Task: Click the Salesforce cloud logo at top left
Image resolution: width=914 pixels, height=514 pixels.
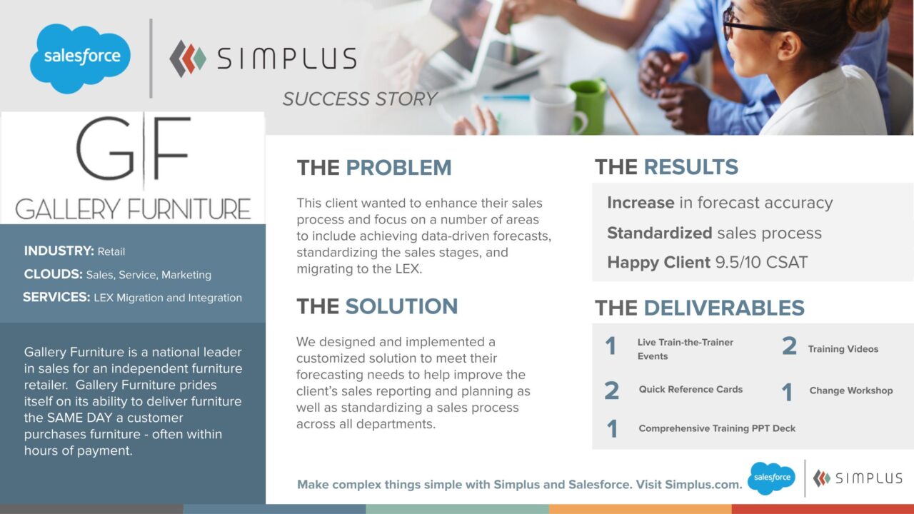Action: point(80,58)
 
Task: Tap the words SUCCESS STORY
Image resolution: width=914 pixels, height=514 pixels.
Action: point(359,99)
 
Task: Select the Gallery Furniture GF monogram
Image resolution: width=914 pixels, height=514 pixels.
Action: point(133,149)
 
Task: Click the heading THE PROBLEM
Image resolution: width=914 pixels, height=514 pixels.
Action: point(374,168)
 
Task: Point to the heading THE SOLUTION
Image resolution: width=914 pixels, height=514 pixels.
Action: point(377,306)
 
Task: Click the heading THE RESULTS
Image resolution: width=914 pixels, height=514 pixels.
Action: point(666,167)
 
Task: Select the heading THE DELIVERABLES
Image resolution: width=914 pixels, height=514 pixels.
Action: point(699,308)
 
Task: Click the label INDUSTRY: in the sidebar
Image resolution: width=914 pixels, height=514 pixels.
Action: point(59,251)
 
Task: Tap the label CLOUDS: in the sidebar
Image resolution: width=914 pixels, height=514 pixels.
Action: point(53,274)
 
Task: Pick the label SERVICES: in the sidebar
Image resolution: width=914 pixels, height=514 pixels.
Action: point(56,297)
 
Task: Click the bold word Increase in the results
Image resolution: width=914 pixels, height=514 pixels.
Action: point(641,203)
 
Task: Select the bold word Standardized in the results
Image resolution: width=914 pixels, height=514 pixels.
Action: point(659,233)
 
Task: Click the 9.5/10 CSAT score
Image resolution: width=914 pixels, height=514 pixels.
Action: point(761,262)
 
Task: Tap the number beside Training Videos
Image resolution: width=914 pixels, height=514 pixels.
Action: point(789,347)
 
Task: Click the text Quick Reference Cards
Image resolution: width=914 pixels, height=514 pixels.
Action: point(690,389)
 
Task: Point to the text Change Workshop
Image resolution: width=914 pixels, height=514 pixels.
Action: point(850,390)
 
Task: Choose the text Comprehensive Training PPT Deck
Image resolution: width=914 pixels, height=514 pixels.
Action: point(717,428)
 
